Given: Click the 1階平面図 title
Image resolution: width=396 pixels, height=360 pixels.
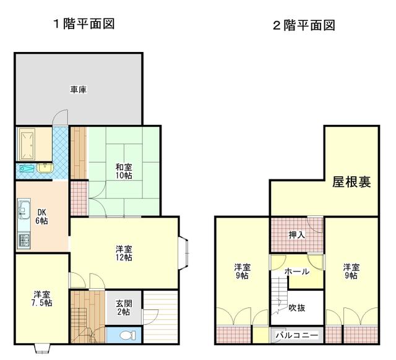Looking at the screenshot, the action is tap(84, 24).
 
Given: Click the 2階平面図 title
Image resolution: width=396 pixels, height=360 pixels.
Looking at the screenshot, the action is tap(304, 25).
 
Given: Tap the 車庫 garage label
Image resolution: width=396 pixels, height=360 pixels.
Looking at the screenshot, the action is tap(79, 90).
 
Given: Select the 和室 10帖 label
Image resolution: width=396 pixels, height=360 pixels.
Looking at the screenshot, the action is tap(124, 171).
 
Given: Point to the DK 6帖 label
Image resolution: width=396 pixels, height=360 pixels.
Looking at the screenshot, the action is tap(41, 216).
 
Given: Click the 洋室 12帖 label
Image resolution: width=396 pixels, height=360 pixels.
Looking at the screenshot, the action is tap(124, 253).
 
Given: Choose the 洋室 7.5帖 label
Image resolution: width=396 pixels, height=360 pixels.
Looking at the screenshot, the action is tap(42, 299).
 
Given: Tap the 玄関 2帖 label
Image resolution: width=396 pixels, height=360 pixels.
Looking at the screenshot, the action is tap(124, 308).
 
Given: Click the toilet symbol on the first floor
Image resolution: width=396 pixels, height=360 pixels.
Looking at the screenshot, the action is tap(127, 335).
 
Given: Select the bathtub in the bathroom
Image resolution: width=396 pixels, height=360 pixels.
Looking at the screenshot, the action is tap(27, 144).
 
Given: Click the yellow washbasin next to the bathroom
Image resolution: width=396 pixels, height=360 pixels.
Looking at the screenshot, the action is tap(45, 168).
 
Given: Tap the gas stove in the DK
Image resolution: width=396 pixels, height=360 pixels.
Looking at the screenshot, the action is tap(24, 241).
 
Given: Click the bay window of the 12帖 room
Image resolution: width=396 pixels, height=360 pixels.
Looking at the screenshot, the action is tap(184, 253).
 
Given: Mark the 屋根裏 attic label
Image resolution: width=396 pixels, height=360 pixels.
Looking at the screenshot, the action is tap(351, 182).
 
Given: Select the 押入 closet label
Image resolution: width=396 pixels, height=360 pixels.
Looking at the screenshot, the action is tap(297, 235).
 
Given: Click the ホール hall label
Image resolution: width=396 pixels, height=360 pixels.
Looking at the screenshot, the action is tap(297, 272).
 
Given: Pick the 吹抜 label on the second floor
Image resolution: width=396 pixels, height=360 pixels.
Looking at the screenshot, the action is tap(297, 308).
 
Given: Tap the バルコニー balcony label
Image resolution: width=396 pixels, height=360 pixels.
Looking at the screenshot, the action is tap(297, 335).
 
